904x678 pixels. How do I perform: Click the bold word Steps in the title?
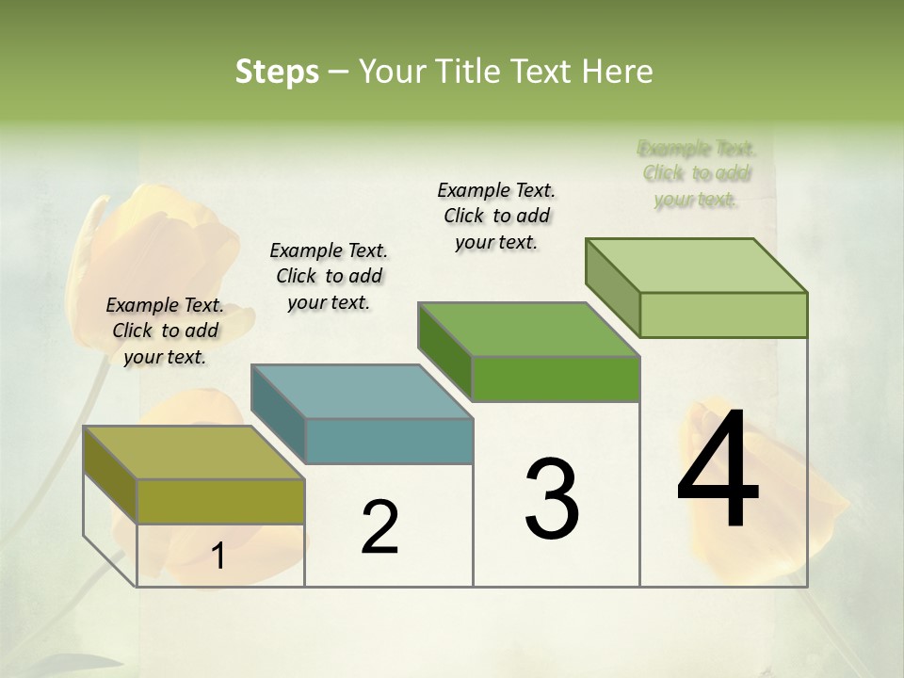[277, 72]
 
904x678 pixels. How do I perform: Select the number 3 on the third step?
[552, 499]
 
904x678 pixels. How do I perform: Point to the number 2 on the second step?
[379, 527]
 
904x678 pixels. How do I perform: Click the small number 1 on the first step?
[218, 556]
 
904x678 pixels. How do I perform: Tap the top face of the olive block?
[193, 452]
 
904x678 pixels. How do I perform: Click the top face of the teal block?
[362, 391]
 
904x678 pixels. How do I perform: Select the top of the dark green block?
[529, 330]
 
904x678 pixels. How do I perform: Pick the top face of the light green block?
[697, 265]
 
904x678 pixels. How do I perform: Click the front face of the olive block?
[220, 501]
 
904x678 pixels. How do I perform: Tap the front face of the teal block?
[389, 441]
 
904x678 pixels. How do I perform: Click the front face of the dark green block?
[556, 379]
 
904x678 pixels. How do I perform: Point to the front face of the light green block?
[723, 315]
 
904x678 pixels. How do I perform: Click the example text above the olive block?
[165, 331]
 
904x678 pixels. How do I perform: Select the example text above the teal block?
[329, 276]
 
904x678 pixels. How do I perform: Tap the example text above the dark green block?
[496, 216]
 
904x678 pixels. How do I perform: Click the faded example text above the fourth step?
[697, 173]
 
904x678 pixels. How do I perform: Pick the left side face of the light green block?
[612, 286]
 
